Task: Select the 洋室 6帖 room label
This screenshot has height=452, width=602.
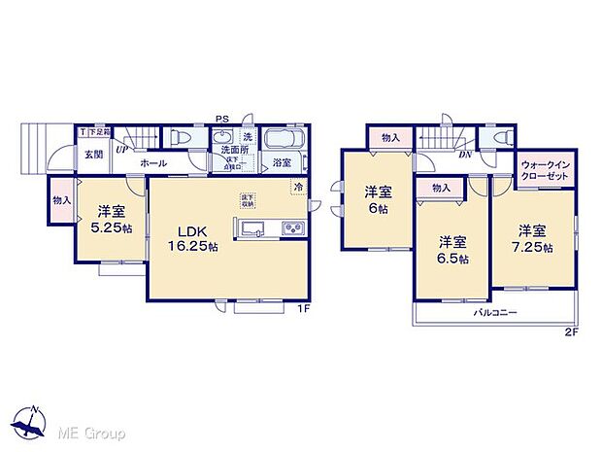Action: click(x=377, y=200)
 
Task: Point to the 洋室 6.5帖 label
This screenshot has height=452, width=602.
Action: click(x=451, y=251)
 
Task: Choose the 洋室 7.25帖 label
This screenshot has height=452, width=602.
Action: click(x=534, y=238)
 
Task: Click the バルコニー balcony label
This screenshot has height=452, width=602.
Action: click(x=494, y=313)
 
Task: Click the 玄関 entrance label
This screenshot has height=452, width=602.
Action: click(x=93, y=154)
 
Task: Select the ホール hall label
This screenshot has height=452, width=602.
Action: click(x=152, y=164)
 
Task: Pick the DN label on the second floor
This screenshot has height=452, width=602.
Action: click(x=465, y=155)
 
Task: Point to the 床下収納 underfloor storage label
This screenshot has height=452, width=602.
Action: click(x=249, y=202)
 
